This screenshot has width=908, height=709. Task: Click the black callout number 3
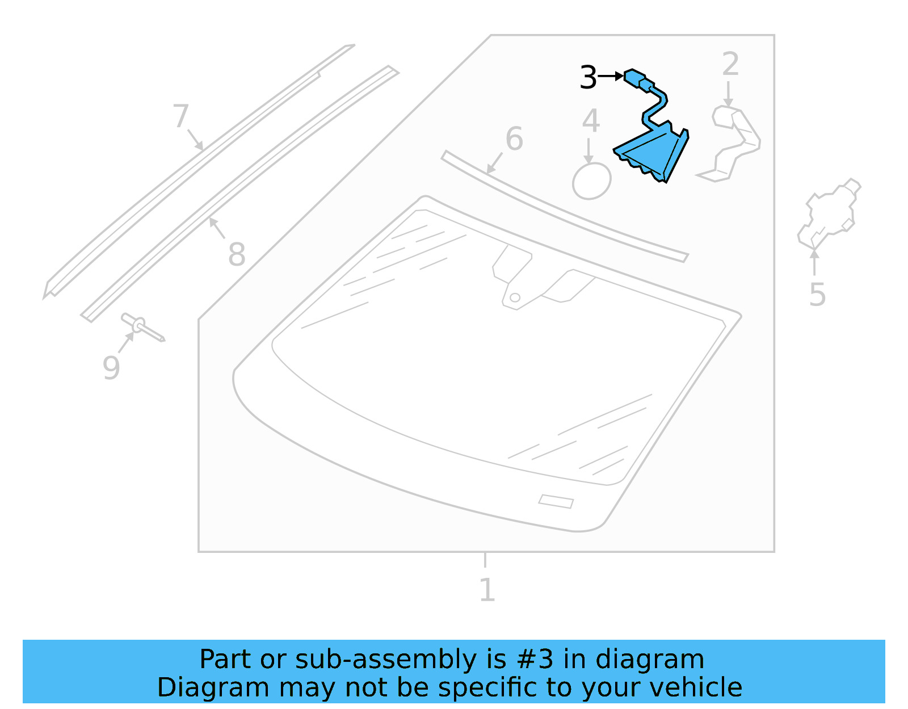[x=588, y=78]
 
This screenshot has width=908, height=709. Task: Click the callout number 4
[x=591, y=121]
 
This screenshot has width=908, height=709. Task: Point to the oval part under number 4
[x=591, y=181]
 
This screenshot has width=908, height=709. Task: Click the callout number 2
[x=730, y=64]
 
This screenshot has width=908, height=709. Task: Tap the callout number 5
[x=817, y=295]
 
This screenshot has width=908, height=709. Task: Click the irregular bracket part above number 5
[x=829, y=213]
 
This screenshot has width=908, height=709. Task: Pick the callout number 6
[x=514, y=139]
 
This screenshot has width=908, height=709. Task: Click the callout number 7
[x=180, y=116]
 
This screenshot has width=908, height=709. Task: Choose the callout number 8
[x=237, y=254]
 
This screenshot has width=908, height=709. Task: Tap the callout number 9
[x=111, y=368]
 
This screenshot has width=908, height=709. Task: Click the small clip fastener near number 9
[x=141, y=326]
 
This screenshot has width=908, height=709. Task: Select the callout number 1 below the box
[x=487, y=590]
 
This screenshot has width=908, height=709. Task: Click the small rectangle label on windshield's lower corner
[x=556, y=501]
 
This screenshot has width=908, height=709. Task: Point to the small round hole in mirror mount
[x=515, y=297]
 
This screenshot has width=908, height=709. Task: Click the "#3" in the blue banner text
[x=536, y=660]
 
